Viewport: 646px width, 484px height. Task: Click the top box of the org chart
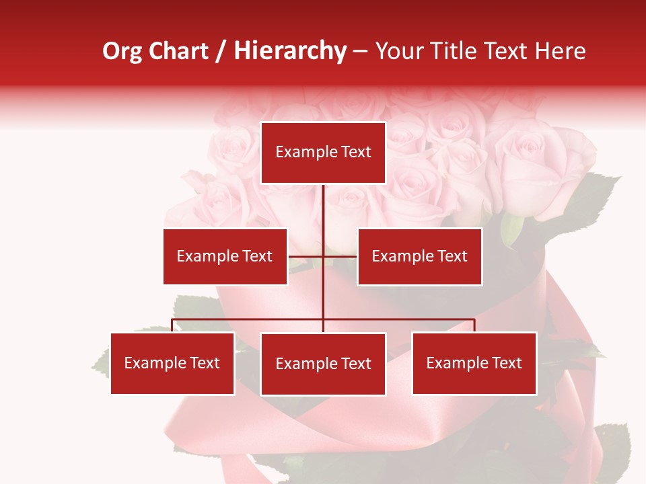pyautogui.click(x=323, y=153)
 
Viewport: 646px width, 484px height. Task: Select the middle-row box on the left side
pyautogui.click(x=225, y=256)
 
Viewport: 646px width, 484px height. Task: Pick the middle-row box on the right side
pyautogui.click(x=419, y=256)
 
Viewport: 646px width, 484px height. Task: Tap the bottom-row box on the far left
pyautogui.click(x=172, y=363)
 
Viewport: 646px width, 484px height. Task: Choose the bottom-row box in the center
pyautogui.click(x=323, y=364)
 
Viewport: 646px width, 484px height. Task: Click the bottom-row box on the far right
pyautogui.click(x=474, y=363)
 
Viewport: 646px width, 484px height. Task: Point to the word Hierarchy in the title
pyautogui.click(x=290, y=51)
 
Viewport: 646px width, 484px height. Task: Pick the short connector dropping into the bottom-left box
pyautogui.click(x=172, y=325)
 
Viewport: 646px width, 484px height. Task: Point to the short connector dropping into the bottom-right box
pyautogui.click(x=474, y=325)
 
